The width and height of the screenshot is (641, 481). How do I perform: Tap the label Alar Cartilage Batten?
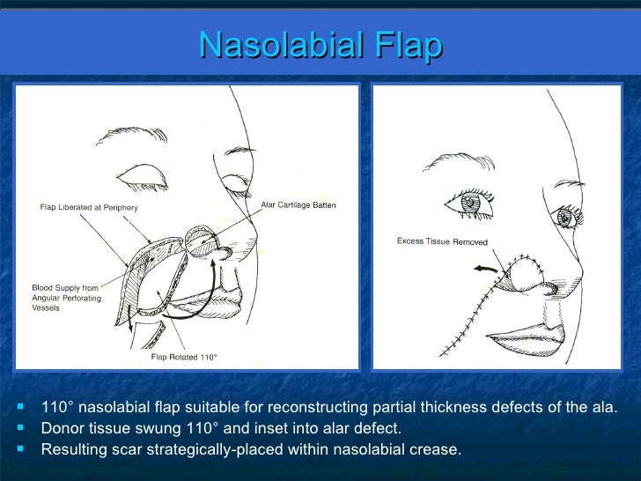[298, 205]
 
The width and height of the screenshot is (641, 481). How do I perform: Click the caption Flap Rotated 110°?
[184, 358]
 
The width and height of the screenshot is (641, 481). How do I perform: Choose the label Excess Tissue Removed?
[442, 241]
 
